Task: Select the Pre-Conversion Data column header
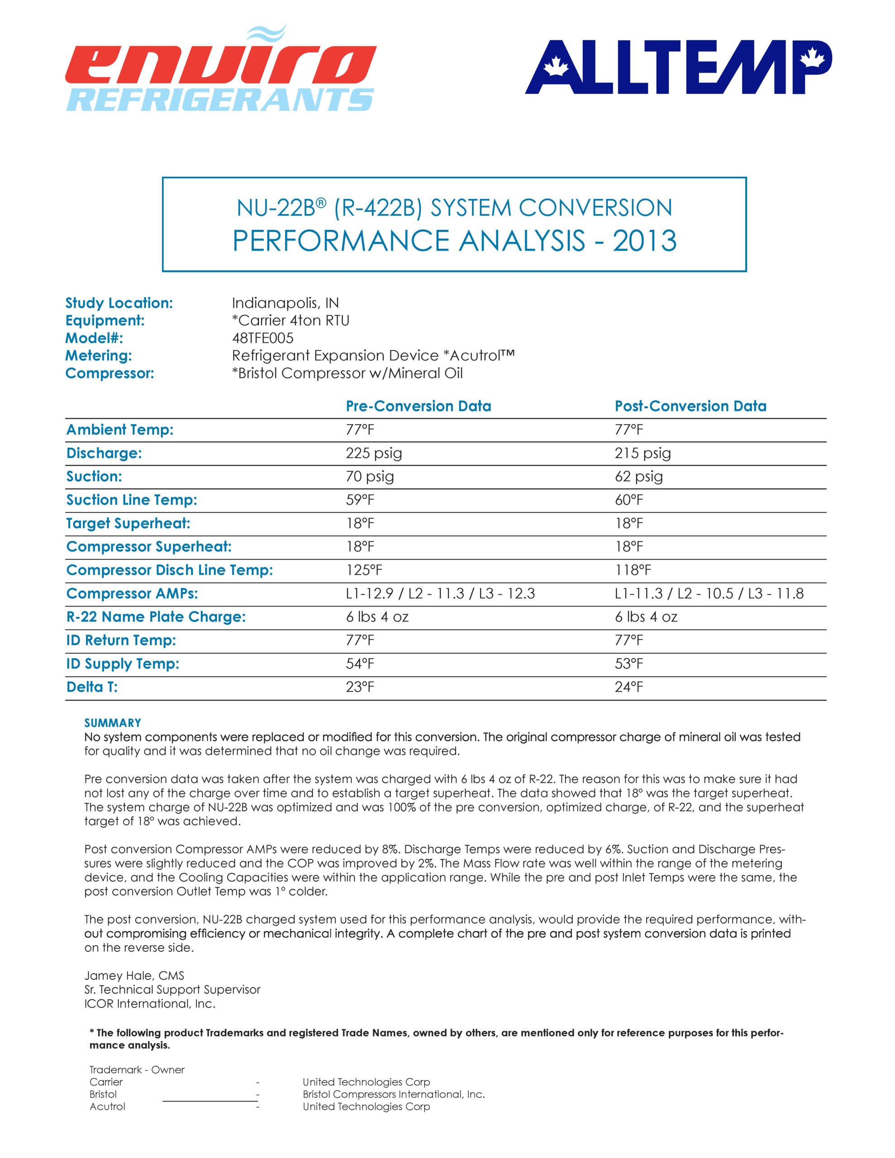418,406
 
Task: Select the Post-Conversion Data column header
690,406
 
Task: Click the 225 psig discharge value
373,453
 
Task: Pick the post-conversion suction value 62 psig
639,477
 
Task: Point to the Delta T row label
92,687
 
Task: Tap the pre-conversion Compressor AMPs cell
440,594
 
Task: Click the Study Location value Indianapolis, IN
285,303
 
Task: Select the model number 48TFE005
262,338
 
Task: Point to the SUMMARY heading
113,723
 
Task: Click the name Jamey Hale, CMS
134,976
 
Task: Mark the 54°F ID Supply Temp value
360,664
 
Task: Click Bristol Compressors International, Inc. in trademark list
394,1094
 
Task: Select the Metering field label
98,356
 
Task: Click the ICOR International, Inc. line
150,1004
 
